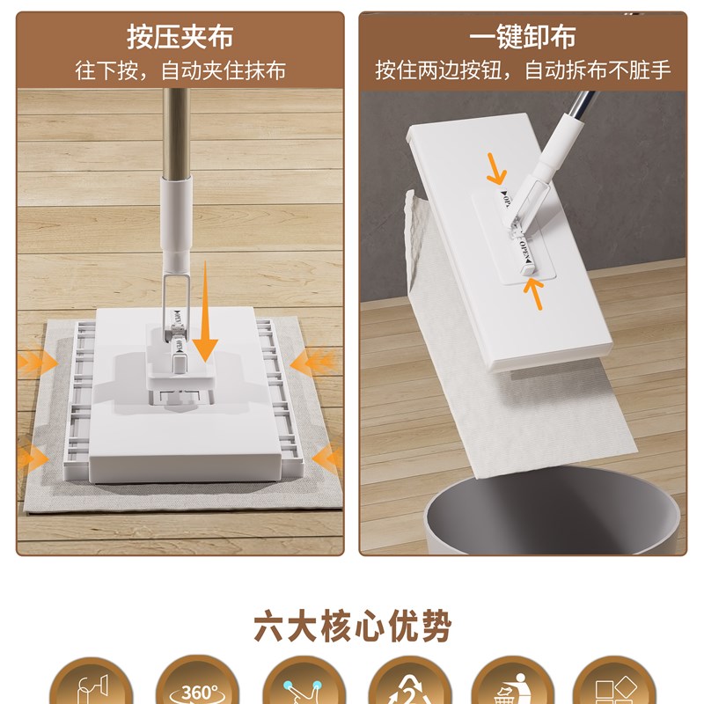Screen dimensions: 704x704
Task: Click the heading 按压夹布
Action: [180, 38]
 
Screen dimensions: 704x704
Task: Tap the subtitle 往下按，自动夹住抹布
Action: [180, 71]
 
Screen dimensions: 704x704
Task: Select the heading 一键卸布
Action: [523, 38]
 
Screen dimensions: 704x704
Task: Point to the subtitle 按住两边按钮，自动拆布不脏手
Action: [523, 71]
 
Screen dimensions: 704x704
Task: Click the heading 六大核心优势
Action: [352, 627]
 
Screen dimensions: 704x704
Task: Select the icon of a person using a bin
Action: [507, 686]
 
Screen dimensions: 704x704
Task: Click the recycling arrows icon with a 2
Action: [402, 686]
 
